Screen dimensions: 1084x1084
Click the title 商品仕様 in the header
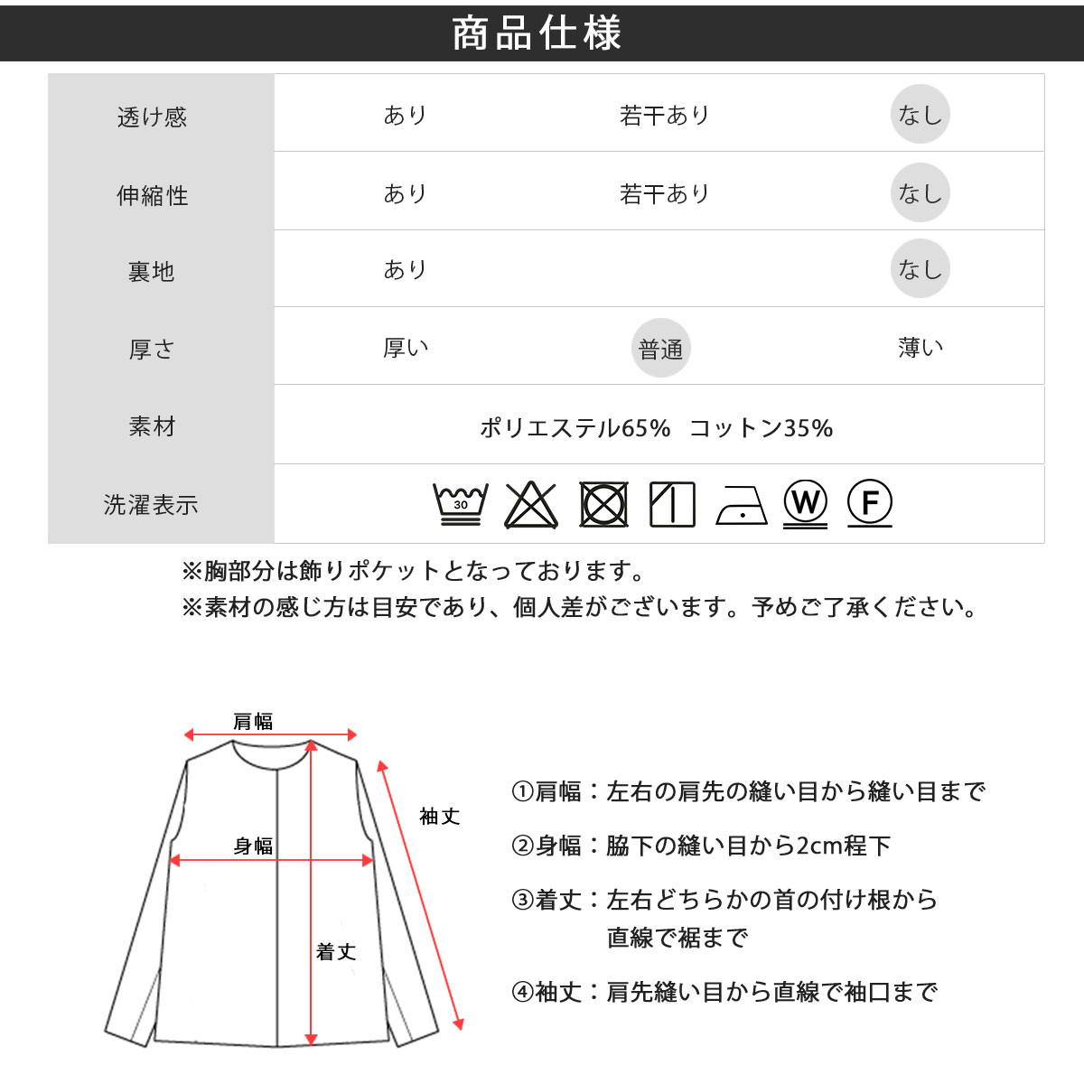coord(537,33)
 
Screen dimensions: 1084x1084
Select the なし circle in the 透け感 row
coord(920,114)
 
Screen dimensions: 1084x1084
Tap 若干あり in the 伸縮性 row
coord(664,194)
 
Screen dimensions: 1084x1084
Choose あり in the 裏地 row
coord(405,269)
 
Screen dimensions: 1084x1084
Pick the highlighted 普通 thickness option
coord(660,348)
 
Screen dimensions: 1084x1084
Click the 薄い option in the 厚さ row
coord(920,348)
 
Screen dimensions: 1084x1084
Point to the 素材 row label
coord(152,426)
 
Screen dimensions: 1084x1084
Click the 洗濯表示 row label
coord(151,505)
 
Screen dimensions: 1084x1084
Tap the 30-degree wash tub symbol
coord(461,503)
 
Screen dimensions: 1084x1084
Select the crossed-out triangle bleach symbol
coord(531,505)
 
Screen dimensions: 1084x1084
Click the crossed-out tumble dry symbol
coord(603,504)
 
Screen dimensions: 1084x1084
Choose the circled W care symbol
coord(805,502)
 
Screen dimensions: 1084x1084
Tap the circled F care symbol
coord(870,501)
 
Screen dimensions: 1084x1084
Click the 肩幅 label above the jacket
coord(253,721)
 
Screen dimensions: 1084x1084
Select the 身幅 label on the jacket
coord(253,846)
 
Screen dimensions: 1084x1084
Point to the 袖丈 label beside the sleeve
coord(439,817)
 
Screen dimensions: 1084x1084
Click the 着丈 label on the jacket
coord(336,952)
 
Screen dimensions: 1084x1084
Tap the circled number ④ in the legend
coord(522,992)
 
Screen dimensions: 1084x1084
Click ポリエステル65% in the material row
coord(575,428)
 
